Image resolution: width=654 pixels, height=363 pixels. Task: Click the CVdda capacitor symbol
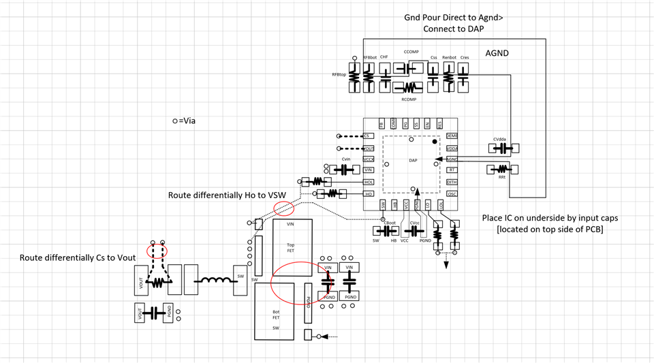click(503, 148)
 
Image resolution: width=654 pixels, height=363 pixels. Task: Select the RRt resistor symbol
click(503, 169)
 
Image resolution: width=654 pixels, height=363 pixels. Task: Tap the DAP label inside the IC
click(413, 161)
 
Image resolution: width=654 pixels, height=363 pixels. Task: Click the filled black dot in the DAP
click(435, 142)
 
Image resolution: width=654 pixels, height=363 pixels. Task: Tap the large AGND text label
click(497, 53)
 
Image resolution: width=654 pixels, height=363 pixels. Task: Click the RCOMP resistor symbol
click(408, 87)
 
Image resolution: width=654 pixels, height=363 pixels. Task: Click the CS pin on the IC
click(369, 136)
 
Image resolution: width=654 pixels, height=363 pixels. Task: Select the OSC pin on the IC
click(452, 194)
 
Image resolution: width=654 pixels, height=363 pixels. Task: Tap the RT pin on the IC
click(452, 170)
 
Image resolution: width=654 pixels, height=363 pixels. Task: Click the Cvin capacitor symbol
click(346, 170)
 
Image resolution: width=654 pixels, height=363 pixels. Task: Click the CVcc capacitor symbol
click(414, 231)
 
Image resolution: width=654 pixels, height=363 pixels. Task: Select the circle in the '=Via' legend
click(175, 121)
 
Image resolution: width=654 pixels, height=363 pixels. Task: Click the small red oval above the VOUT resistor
click(157, 251)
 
